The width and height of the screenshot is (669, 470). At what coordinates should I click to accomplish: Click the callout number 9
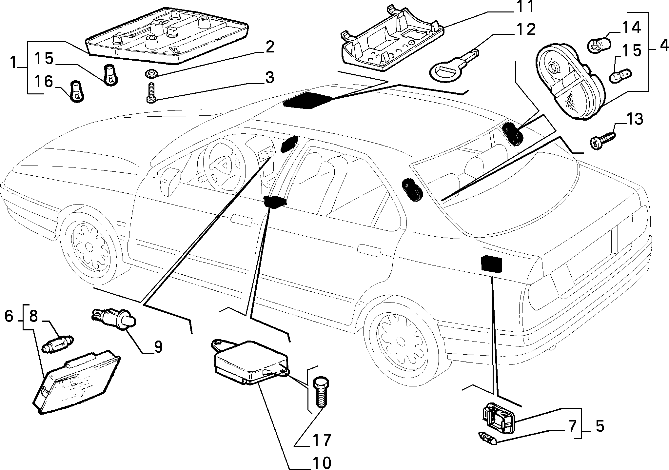pos(158,347)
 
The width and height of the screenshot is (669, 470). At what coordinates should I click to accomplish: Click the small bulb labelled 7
pos(487,438)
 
